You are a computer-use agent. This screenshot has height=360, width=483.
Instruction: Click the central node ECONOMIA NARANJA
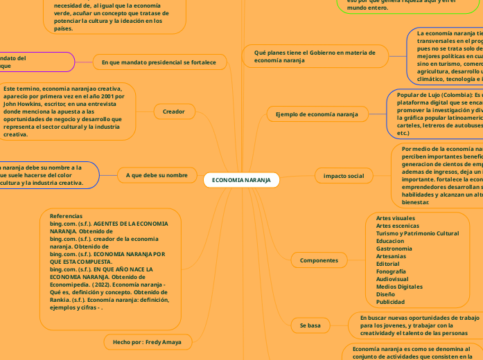(241, 180)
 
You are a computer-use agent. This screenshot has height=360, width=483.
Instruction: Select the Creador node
(173, 111)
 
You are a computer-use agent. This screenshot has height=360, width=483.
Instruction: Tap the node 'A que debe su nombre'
(157, 175)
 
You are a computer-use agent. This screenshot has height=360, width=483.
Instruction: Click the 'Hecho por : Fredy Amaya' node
(147, 342)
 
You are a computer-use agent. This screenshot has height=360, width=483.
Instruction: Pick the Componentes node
(319, 260)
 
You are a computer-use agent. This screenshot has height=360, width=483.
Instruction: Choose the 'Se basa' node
(310, 325)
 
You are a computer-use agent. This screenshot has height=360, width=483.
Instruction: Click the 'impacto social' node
(343, 176)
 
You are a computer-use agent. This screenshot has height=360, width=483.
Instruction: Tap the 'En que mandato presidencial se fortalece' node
(159, 62)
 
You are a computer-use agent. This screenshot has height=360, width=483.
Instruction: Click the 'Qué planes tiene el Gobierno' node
(315, 56)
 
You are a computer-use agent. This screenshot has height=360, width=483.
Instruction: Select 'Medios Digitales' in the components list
(399, 286)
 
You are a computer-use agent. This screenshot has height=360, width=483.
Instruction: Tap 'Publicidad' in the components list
(390, 302)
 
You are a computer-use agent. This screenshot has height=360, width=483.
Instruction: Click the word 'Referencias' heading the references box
(66, 217)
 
